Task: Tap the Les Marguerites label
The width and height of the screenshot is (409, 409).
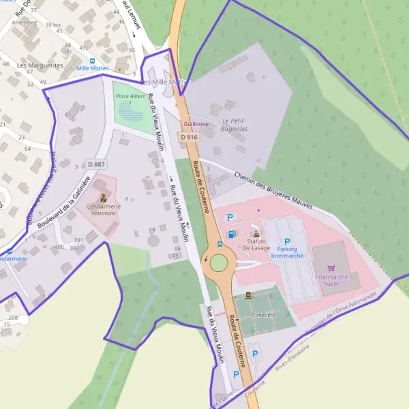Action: (x=40, y=66)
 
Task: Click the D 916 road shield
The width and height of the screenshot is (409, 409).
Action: (x=190, y=137)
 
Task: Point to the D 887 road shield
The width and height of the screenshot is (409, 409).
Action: (x=96, y=164)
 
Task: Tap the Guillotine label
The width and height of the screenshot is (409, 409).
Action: (x=196, y=124)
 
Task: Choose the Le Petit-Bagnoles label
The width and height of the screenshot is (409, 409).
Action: (x=234, y=125)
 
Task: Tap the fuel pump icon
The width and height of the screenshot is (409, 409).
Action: (x=233, y=234)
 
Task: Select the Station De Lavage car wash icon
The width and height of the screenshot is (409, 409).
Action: (x=256, y=233)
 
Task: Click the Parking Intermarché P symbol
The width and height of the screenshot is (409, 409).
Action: (x=287, y=242)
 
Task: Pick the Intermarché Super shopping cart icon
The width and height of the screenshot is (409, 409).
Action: (x=331, y=269)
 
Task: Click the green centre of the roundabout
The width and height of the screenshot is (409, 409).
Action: (x=219, y=262)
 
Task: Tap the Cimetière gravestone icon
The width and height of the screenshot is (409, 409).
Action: (x=247, y=295)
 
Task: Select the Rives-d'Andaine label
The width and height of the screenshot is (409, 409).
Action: (x=291, y=349)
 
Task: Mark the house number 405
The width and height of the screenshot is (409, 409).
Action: (x=59, y=247)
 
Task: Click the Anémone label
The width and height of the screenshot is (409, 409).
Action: (x=25, y=22)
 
